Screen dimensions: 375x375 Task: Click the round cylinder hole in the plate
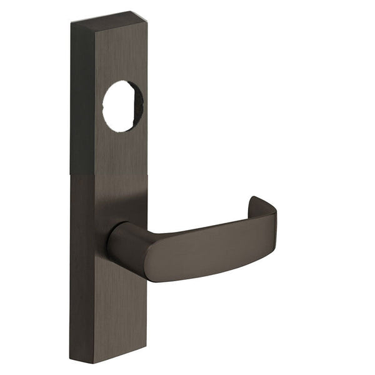[122, 106]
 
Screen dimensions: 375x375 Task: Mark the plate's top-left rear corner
[71, 21]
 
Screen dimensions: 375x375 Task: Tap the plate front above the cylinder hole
[122, 56]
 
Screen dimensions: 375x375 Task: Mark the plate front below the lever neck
[122, 306]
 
